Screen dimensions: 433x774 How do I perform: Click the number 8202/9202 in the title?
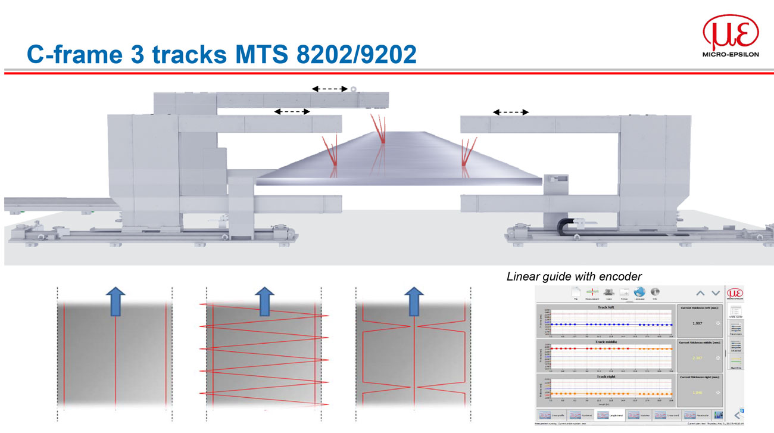coord(355,54)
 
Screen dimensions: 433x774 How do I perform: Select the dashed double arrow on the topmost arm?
coord(329,89)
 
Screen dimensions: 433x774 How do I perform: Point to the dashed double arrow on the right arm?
coord(510,111)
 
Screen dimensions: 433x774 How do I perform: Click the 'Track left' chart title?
coord(606,307)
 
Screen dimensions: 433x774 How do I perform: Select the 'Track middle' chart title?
coord(606,342)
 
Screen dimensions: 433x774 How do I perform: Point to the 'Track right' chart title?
coord(606,377)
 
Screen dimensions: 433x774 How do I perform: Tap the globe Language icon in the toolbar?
coord(639,292)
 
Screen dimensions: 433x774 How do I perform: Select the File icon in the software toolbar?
coord(576,292)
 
